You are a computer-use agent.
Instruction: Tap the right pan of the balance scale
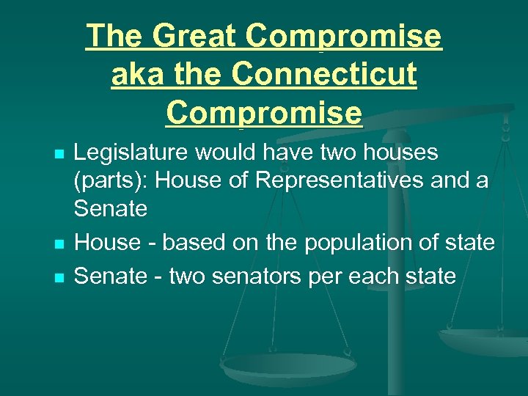(483, 340)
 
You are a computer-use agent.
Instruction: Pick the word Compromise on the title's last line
(264, 112)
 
